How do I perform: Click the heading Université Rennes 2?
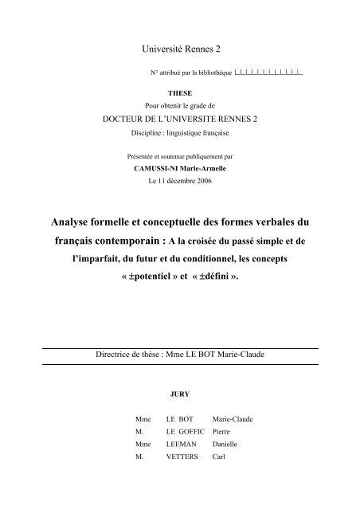[180, 50]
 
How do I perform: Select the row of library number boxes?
[268, 73]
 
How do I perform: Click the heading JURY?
[180, 392]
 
